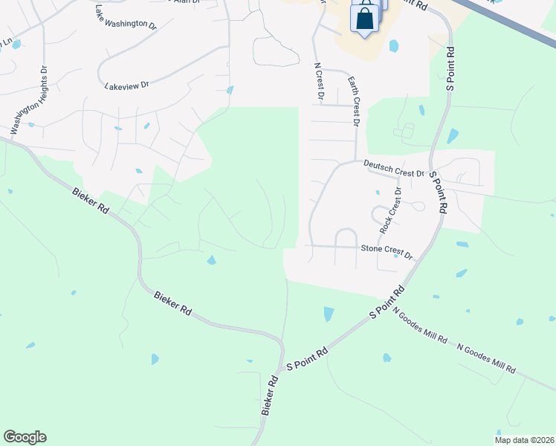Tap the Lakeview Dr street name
pyautogui.click(x=126, y=85)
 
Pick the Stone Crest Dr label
pyautogui.click(x=387, y=251)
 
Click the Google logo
pyautogui.click(x=25, y=437)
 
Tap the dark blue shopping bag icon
pyautogui.click(x=365, y=21)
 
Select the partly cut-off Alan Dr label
pyautogui.click(x=187, y=2)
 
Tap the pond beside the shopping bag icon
pyautogui.click(x=393, y=46)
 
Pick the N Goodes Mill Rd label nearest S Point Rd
pyautogui.click(x=420, y=326)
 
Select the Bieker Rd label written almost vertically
pyautogui.click(x=270, y=395)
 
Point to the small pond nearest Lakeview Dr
pyautogui.click(x=230, y=91)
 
